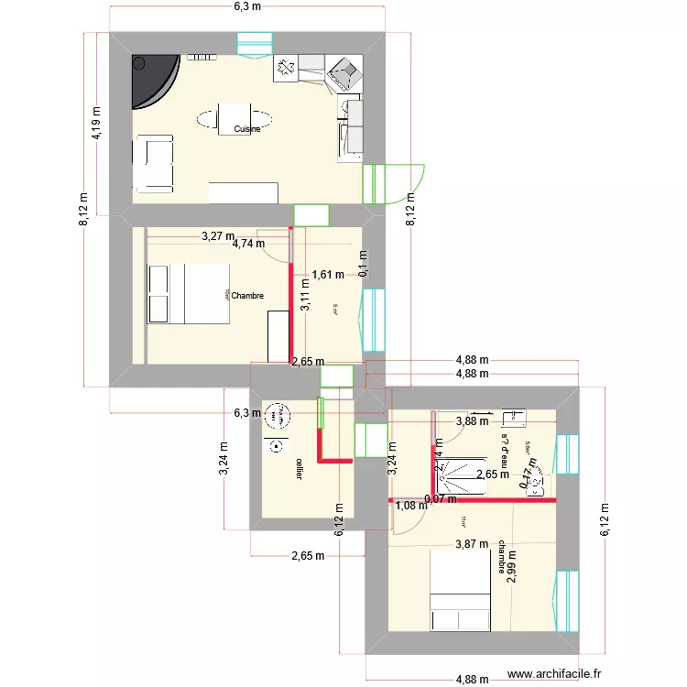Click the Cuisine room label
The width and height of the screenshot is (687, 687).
(x=246, y=130)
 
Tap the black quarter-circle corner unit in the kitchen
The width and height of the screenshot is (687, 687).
(x=151, y=79)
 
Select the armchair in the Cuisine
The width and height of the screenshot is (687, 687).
(x=153, y=164)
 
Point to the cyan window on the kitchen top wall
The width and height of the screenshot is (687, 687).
(x=255, y=44)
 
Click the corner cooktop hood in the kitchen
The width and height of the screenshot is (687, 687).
(x=345, y=71)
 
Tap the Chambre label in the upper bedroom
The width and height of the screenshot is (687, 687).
(x=247, y=296)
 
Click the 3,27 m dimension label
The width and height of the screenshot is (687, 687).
(x=218, y=236)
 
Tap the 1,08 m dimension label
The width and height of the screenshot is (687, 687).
(x=409, y=505)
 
